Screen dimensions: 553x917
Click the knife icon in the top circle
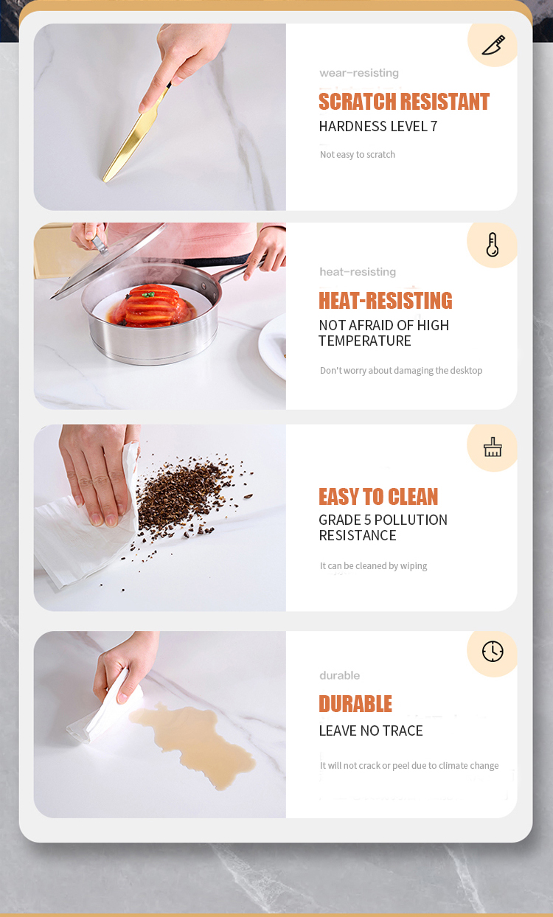(x=493, y=45)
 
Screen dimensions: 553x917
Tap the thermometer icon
(x=493, y=245)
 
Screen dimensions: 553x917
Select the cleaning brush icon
(x=493, y=447)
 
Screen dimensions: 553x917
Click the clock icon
(x=493, y=651)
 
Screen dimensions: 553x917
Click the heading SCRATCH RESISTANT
(x=404, y=102)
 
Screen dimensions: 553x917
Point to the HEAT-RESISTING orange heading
(x=386, y=301)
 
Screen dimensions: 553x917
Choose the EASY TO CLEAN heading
(x=378, y=497)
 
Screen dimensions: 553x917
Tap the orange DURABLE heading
(x=355, y=704)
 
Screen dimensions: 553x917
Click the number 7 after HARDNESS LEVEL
(x=434, y=127)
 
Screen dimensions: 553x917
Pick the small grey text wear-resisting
(x=359, y=73)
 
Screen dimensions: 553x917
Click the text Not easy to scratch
(x=358, y=154)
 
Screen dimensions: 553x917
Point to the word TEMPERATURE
(x=365, y=341)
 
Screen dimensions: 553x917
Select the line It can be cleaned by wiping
(x=373, y=565)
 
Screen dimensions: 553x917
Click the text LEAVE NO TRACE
(x=371, y=731)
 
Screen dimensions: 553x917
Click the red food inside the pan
(x=152, y=306)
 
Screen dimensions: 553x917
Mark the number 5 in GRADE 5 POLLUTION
(x=367, y=520)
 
